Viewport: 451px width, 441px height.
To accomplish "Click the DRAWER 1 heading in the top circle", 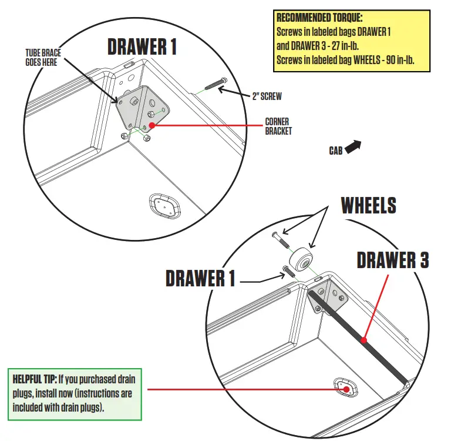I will point(142,46).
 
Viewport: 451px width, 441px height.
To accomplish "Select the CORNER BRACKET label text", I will point(278,126).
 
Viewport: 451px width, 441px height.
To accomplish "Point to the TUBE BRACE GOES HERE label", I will point(43,57).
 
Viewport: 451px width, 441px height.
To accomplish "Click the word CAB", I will point(335,151).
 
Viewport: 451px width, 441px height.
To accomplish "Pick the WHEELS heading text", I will point(368,205).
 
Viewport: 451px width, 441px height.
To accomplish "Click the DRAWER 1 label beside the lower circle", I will point(200,278).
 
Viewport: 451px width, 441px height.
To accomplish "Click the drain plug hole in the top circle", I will point(161,205).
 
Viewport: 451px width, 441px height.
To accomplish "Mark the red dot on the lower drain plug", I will point(346,389).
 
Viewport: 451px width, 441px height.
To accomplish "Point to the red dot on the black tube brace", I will point(364,340).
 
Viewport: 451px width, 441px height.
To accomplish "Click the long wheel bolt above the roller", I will point(280,240).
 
